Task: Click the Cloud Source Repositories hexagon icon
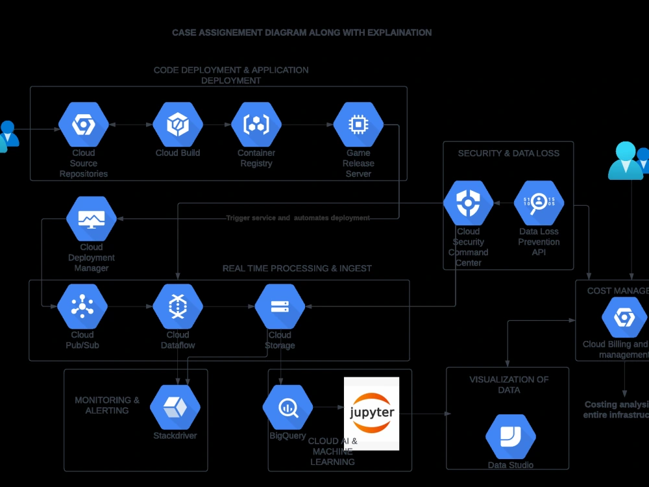(x=83, y=124)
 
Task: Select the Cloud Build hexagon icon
(x=177, y=124)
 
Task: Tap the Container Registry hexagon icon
(x=256, y=124)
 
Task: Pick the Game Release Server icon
(x=358, y=124)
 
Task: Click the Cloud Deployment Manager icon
(x=92, y=219)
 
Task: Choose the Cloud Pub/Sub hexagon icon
(x=82, y=306)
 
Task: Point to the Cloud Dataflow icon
(x=177, y=306)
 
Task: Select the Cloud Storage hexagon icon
(x=280, y=306)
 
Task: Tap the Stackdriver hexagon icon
(x=175, y=407)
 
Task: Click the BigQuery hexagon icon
(x=288, y=407)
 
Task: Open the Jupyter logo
(x=371, y=413)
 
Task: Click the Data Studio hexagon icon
(x=510, y=436)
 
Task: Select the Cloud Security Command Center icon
(x=468, y=203)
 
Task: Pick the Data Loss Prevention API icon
(x=539, y=203)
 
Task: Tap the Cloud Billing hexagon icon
(x=624, y=317)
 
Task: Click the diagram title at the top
(x=302, y=32)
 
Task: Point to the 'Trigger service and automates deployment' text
(x=298, y=218)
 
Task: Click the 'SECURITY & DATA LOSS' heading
(x=508, y=153)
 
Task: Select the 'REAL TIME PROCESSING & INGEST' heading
(x=297, y=268)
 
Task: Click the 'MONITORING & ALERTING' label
(x=107, y=405)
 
